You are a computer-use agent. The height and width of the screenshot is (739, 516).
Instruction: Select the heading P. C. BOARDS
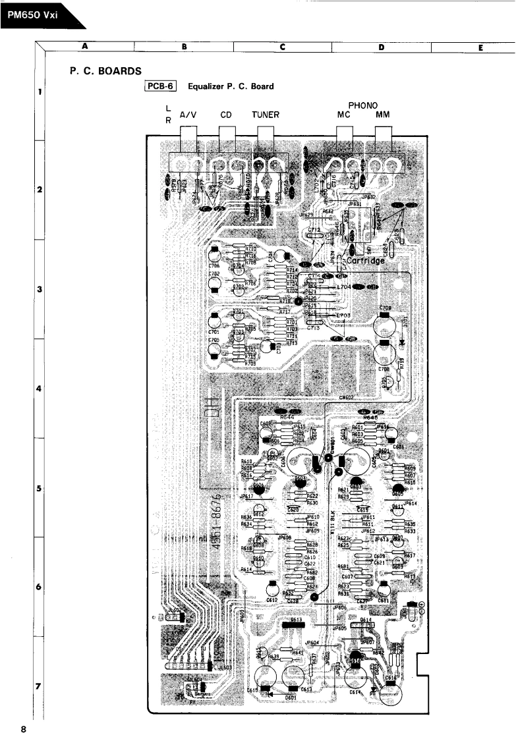(103, 70)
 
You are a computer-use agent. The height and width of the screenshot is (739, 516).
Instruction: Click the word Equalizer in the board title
(209, 86)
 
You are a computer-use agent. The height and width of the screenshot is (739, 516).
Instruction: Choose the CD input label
(226, 114)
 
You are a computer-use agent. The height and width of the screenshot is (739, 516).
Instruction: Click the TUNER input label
(266, 114)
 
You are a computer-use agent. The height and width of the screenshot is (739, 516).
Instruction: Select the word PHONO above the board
(362, 105)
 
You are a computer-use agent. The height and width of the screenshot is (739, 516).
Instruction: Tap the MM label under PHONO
(383, 114)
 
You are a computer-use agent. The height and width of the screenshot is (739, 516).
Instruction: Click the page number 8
(23, 729)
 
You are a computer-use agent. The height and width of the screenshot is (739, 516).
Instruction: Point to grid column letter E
(482, 47)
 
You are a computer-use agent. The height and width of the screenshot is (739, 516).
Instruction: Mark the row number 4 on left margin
(40, 389)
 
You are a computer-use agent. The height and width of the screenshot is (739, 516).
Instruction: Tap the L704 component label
(344, 288)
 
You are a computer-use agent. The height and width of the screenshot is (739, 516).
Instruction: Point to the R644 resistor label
(287, 417)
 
